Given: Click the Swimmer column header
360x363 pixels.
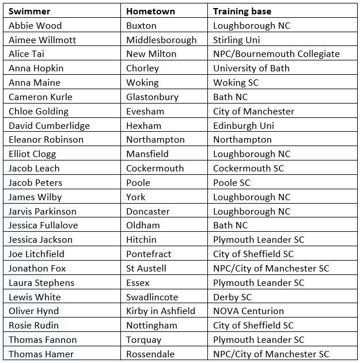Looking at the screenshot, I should coord(29,11).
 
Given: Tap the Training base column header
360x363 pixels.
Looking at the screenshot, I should coord(242,11).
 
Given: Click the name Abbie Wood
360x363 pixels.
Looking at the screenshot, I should coord(35,25).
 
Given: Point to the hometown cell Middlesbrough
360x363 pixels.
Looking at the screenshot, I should coord(161,40).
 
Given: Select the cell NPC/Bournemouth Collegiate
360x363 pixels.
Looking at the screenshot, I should coord(276,54).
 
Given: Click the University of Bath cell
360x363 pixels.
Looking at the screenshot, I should coord(251,68).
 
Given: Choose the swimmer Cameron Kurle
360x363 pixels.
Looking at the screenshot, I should coord(40,97).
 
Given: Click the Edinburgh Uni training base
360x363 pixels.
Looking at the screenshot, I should coord(244,125).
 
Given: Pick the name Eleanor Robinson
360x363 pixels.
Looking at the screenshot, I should coord(46,139).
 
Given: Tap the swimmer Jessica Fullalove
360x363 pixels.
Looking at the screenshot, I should coord(43,225).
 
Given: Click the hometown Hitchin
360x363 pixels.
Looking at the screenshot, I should coord(141,239).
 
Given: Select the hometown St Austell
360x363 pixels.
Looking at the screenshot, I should coord(146,268).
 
